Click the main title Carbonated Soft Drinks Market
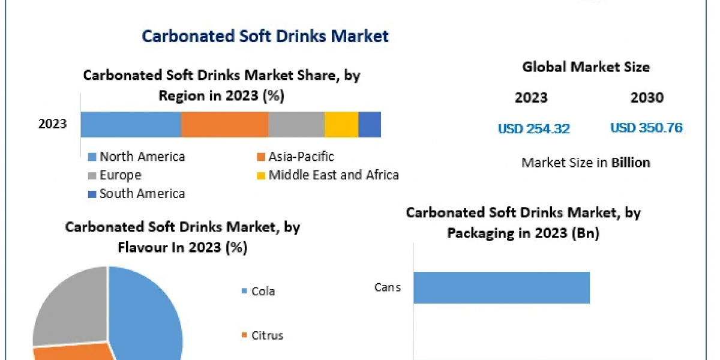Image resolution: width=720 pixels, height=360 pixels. tap(265, 36)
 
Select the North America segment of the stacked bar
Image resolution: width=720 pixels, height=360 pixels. tap(131, 124)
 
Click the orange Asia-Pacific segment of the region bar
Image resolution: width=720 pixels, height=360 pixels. tap(224, 124)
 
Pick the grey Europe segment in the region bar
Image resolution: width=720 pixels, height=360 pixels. tap(296, 124)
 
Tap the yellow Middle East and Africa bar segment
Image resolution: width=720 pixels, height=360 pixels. tap(341, 124)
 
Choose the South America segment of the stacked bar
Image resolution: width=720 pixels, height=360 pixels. tap(370, 124)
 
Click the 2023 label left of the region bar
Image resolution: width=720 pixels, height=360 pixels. tap(53, 124)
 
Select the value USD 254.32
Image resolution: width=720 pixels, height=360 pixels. tap(533, 128)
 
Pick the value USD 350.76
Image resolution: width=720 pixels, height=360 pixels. tap(646, 128)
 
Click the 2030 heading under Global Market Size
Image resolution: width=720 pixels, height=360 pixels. tap(647, 98)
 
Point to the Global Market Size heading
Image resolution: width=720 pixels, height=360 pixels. tap(586, 67)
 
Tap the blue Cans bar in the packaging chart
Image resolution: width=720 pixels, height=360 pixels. tap(502, 287)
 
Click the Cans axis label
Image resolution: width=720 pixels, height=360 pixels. tap(387, 287)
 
